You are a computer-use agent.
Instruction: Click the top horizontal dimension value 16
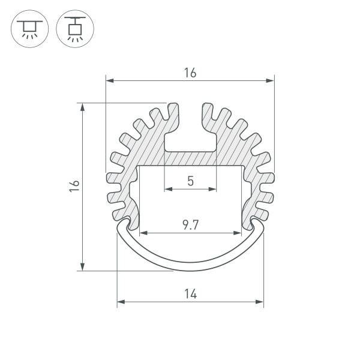click(x=190, y=73)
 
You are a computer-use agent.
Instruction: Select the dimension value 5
click(x=191, y=181)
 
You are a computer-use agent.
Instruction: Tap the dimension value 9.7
click(x=190, y=225)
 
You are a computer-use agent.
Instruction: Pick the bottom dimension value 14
click(x=191, y=294)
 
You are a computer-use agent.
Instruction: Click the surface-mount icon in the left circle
click(x=30, y=29)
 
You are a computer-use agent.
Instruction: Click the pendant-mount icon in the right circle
click(x=75, y=29)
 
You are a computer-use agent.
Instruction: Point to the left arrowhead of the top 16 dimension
click(x=110, y=80)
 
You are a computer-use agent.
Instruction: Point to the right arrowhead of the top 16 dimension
click(x=270, y=80)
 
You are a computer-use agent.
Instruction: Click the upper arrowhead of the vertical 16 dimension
click(x=82, y=107)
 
